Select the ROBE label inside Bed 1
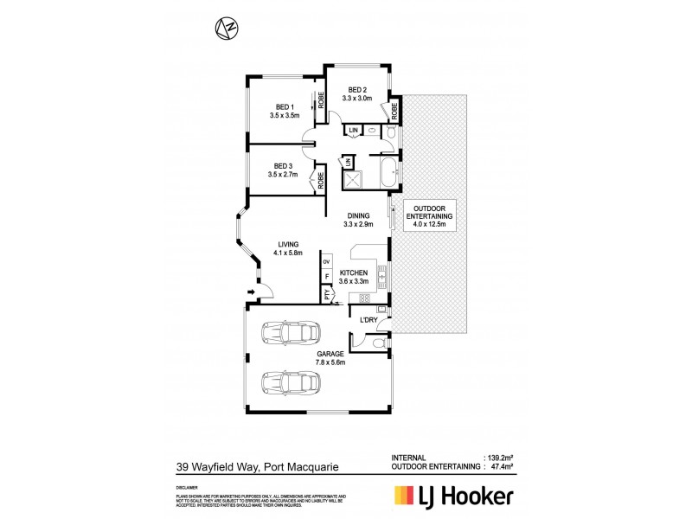pyautogui.click(x=321, y=102)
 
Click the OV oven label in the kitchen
pyautogui.click(x=326, y=261)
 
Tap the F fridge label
pyautogui.click(x=326, y=278)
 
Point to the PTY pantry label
pyautogui.click(x=326, y=294)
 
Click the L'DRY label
pyautogui.click(x=368, y=320)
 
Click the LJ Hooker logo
pyautogui.click(x=453, y=496)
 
